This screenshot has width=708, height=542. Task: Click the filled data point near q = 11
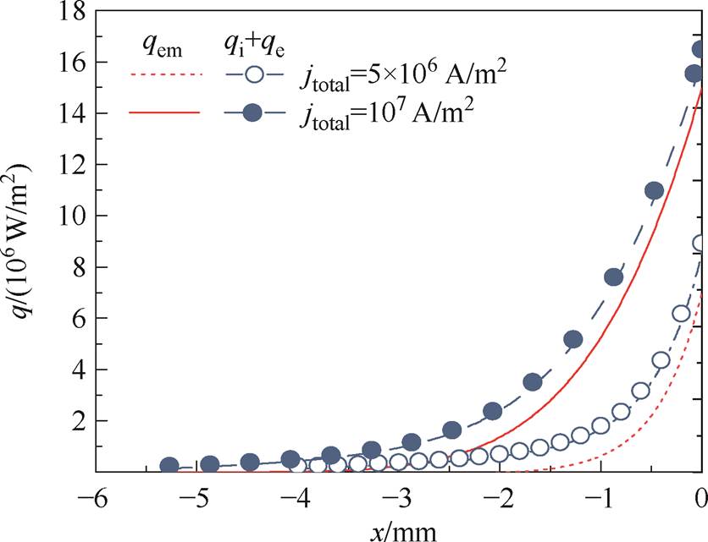[654, 191]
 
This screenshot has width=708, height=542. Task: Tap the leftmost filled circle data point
[169, 466]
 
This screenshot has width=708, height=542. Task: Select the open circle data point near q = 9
[700, 244]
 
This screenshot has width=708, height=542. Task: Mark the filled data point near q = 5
[573, 340]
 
